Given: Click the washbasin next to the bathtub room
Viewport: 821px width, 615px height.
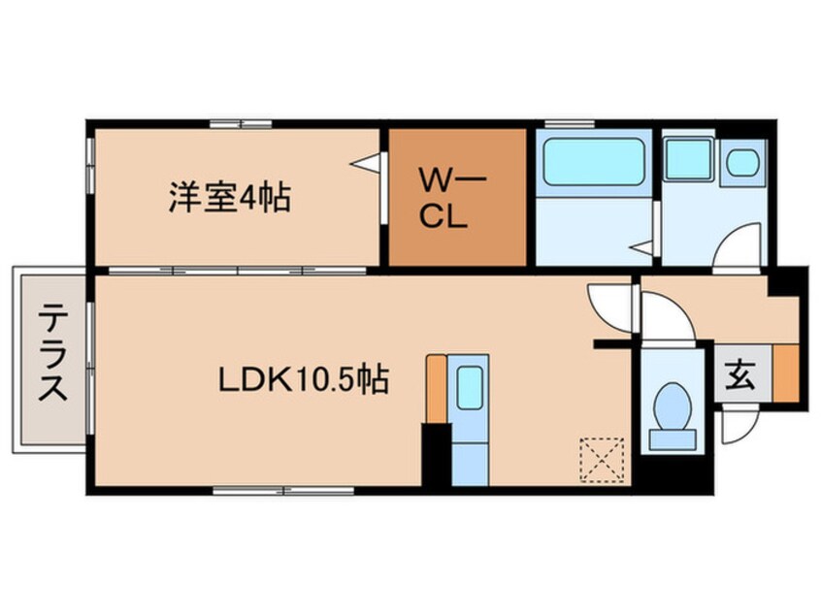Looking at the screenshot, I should pyautogui.click(x=743, y=161).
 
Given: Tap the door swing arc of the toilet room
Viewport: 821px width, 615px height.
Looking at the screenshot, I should pyautogui.click(x=668, y=319).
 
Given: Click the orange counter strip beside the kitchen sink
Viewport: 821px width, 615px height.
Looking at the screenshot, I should pyautogui.click(x=437, y=388).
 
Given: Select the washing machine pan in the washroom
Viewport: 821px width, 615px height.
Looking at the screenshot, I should pyautogui.click(x=689, y=159).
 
